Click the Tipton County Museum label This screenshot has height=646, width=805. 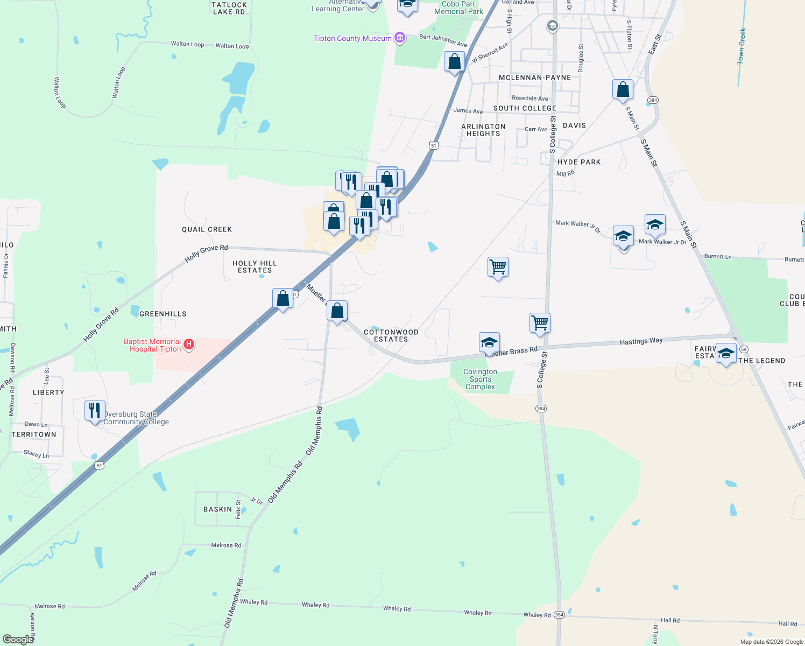353,38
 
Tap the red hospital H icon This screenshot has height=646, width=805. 189,345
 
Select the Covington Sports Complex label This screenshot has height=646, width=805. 480,379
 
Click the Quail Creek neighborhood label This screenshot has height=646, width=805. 207,229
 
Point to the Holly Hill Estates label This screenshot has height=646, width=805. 255,266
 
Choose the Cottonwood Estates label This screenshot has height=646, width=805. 391,335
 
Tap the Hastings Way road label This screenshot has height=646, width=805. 641,341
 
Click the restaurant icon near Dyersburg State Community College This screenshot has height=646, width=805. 95,411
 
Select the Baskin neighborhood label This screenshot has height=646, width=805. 217,509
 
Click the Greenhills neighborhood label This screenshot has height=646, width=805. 163,314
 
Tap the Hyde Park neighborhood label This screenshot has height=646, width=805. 579,162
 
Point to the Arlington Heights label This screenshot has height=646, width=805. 483,130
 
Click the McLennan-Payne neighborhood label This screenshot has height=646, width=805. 534,78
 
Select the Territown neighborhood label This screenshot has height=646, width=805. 34,434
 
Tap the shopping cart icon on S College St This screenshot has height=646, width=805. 540,323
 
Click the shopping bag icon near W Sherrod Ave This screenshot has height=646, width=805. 454,62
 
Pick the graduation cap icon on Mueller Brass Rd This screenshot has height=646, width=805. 489,342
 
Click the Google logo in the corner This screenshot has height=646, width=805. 18,640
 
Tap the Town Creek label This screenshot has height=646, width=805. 742,46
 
